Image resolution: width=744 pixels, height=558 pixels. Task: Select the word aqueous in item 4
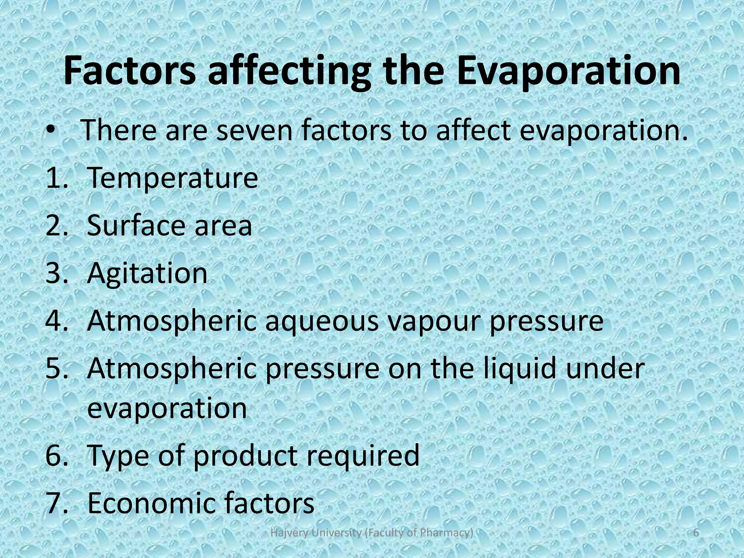coord(322,322)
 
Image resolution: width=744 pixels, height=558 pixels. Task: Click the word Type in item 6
coord(118,456)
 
